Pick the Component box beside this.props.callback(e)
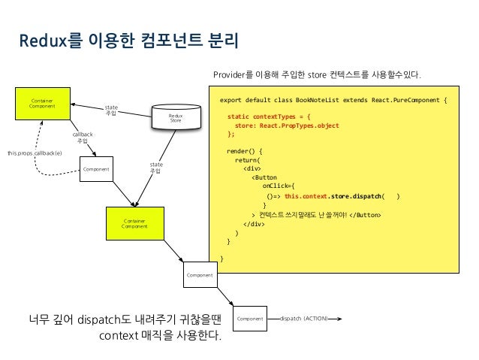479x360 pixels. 97,169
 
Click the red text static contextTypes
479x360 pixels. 267,117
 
